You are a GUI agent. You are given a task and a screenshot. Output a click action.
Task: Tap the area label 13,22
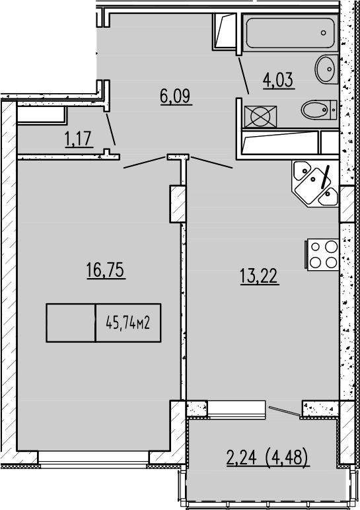pos(259,275)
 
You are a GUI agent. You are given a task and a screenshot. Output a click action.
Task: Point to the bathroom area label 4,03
pos(277,81)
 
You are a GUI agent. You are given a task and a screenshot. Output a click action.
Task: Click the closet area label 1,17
pos(78,139)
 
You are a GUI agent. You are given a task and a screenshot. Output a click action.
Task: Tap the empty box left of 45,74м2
pos(71,323)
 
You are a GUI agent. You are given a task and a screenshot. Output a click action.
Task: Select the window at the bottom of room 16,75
pos(93,457)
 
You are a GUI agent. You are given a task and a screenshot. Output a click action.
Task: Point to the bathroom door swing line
pos(242,71)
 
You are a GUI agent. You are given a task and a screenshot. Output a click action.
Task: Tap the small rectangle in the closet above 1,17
pos(41,114)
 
